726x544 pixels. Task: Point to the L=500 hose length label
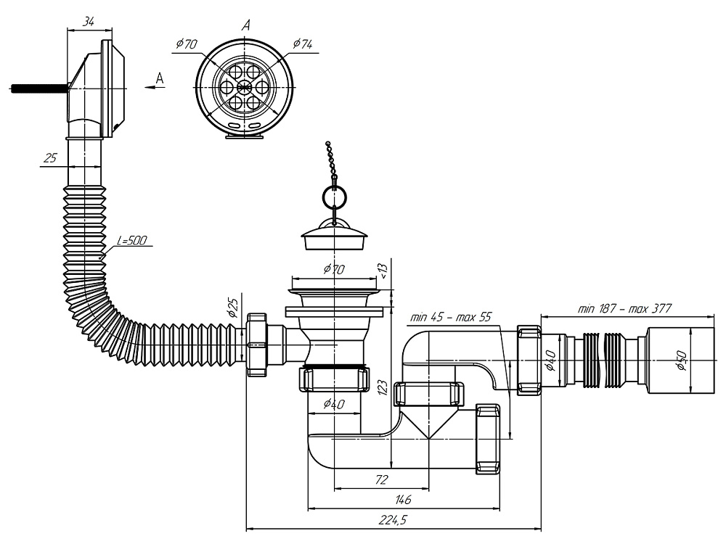(132, 240)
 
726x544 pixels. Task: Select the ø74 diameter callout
(303, 44)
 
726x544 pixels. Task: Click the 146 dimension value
(403, 499)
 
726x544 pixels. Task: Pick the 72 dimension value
(382, 479)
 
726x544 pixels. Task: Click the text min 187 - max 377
(625, 308)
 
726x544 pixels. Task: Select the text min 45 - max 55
(451, 317)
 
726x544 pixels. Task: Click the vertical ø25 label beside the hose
(233, 309)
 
